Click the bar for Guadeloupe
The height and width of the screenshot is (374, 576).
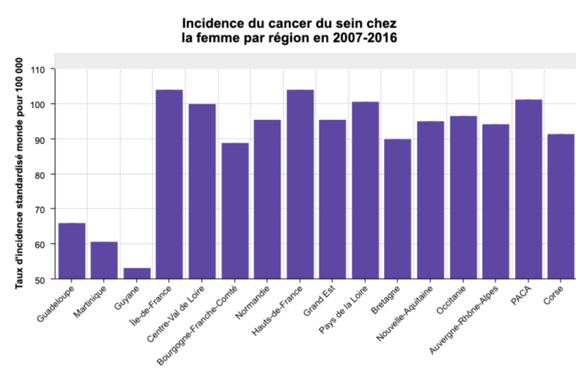point(71,251)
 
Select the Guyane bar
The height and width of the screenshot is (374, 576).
point(137,274)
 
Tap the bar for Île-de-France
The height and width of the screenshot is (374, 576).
point(170,185)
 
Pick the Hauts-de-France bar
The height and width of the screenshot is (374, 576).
point(300,185)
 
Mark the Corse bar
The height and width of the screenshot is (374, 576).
point(560,207)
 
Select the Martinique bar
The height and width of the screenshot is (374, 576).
point(104,261)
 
